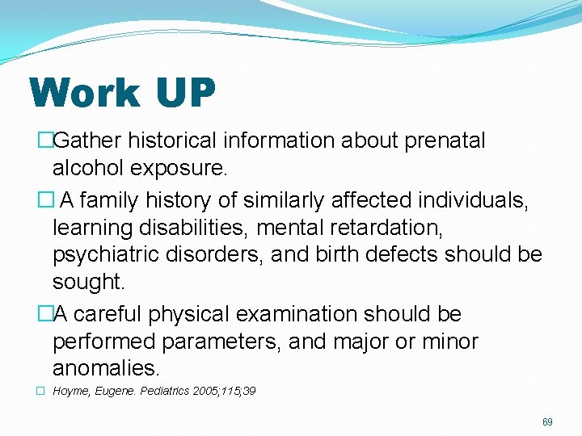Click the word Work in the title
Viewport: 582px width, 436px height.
click(x=83, y=93)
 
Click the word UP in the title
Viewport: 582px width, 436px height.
click(x=186, y=93)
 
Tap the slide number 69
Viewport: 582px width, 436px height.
click(x=547, y=422)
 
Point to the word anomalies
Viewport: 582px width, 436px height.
click(x=106, y=369)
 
